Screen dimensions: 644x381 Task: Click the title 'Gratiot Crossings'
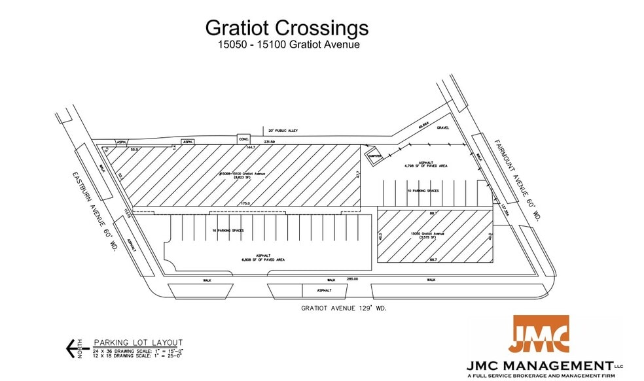click(287, 27)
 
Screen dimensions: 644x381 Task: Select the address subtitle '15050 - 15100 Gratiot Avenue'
click(289, 45)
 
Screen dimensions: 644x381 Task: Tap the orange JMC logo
click(540, 335)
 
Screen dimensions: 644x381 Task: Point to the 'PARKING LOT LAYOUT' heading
click(138, 342)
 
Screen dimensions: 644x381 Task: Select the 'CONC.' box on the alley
click(244, 139)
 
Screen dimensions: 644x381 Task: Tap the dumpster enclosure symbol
click(374, 156)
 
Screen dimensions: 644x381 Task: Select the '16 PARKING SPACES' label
click(228, 230)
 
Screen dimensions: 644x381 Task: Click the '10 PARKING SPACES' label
click(422, 191)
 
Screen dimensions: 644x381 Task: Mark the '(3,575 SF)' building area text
click(427, 237)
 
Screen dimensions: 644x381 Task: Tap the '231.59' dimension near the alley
click(269, 141)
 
